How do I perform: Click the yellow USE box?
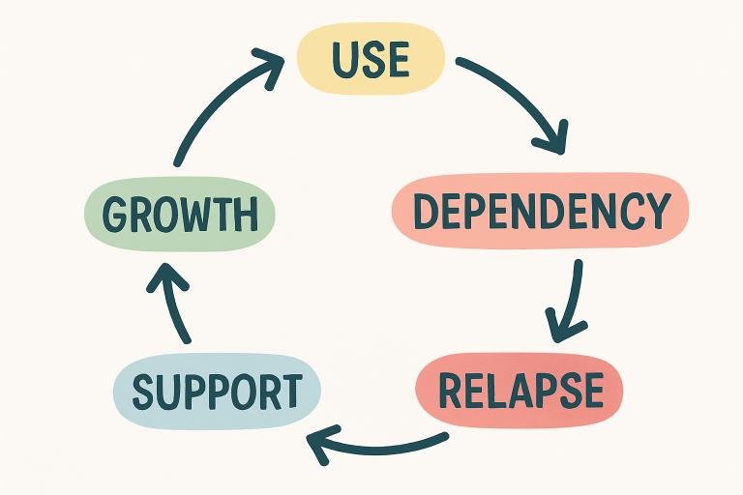371,59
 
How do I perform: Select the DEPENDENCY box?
540,210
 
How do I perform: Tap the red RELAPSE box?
520,390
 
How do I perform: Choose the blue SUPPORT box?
216,392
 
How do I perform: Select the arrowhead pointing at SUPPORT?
320,444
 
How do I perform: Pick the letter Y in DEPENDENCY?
656,211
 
